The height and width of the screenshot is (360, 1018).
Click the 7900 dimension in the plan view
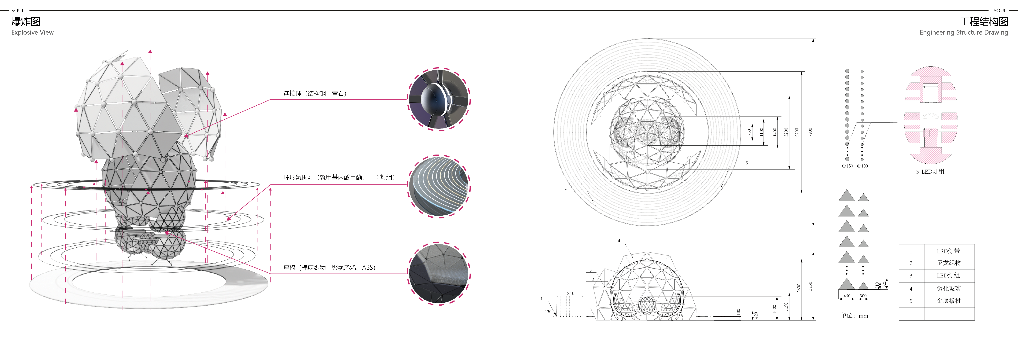(x=810, y=132)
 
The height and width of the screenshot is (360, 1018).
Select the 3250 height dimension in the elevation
(x=810, y=286)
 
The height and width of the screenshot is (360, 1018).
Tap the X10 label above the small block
(x=570, y=293)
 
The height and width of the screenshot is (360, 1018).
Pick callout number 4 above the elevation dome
(x=619, y=241)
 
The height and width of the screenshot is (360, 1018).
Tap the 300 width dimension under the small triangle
(x=863, y=296)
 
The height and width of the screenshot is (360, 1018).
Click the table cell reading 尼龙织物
(x=948, y=263)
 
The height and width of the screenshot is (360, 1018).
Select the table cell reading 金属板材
(x=948, y=301)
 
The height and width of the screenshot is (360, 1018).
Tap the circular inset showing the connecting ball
(x=439, y=99)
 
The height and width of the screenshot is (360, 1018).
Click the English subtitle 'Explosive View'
(x=32, y=32)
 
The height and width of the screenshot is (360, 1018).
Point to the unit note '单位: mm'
(x=854, y=315)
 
